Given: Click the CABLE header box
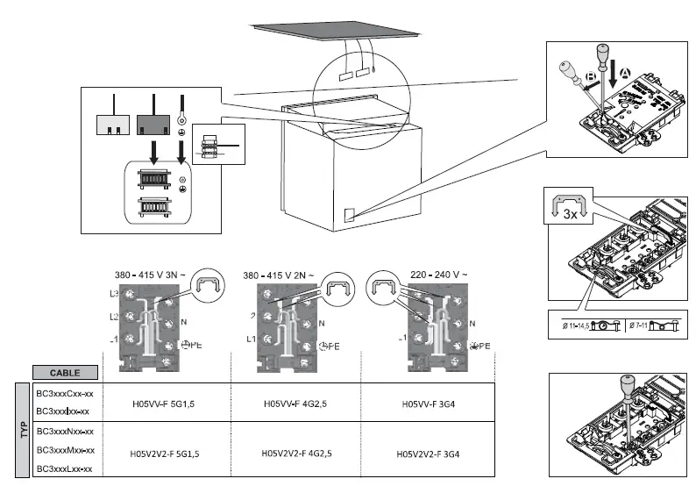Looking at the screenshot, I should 65,371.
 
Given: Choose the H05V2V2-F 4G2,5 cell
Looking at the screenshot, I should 296,454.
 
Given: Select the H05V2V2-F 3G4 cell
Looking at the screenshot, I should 430,454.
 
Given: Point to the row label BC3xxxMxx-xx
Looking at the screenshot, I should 64,450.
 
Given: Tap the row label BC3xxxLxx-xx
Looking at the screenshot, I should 64,469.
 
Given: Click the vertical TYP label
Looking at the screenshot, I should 25,430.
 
